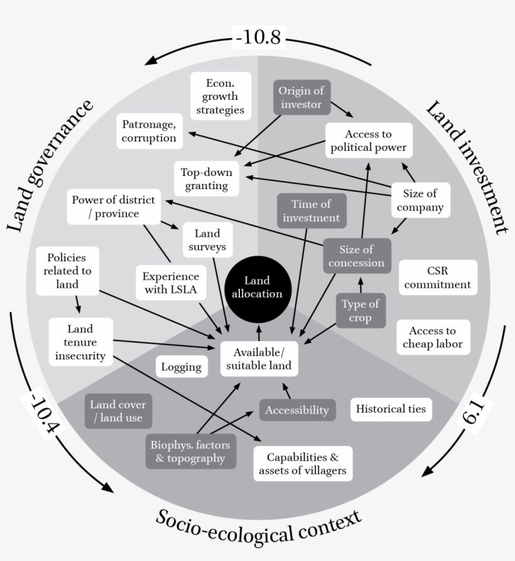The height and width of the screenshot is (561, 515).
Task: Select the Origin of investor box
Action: coord(301,97)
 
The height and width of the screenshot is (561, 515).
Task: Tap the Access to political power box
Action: coord(369,141)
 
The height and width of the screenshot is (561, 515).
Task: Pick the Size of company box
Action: coord(415,200)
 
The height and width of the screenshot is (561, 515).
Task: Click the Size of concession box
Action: coord(356,256)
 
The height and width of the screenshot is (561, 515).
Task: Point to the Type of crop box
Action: coord(360,310)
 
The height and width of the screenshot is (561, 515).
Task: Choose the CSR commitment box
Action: coord(437,278)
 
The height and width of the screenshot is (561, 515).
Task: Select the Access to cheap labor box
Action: coord(432,337)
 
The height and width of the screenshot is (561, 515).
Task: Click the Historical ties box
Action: coord(391,409)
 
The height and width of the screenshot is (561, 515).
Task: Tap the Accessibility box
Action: coord(297,410)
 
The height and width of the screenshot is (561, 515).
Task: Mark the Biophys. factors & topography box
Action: coord(190,451)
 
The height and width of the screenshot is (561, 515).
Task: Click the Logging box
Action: coord(182,367)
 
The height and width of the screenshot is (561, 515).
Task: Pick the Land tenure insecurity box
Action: coord(80,342)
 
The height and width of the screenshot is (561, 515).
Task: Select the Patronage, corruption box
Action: coord(149,131)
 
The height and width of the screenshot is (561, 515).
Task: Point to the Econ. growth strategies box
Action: coord(220,96)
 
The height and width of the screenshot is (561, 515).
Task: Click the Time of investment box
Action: coord(311,210)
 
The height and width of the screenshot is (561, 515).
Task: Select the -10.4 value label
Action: coord(42,417)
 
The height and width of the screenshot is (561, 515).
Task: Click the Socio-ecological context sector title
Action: coord(259,525)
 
